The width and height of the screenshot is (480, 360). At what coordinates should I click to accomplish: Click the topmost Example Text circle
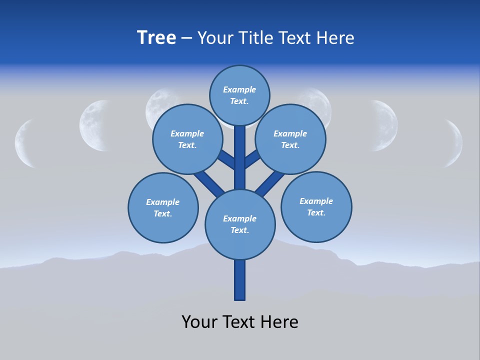(239, 95)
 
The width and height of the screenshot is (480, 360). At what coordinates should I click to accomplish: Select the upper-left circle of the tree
(187, 139)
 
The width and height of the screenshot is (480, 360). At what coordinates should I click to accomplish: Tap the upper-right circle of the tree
(290, 139)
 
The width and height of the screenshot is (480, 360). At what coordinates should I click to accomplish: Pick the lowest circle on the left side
(163, 207)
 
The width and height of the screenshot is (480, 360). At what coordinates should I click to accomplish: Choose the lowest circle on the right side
(316, 206)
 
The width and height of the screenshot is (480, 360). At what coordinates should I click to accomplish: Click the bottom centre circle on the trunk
(240, 224)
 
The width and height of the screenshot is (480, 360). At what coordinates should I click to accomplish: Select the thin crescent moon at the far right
(455, 143)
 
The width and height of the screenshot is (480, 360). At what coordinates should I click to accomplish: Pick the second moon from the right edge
(386, 125)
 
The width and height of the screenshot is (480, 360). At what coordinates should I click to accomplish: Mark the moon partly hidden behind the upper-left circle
(156, 102)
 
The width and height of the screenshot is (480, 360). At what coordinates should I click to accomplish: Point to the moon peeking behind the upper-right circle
(320, 102)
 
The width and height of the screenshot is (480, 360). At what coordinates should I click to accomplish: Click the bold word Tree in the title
(156, 37)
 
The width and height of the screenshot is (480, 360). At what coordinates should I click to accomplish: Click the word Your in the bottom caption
(199, 321)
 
